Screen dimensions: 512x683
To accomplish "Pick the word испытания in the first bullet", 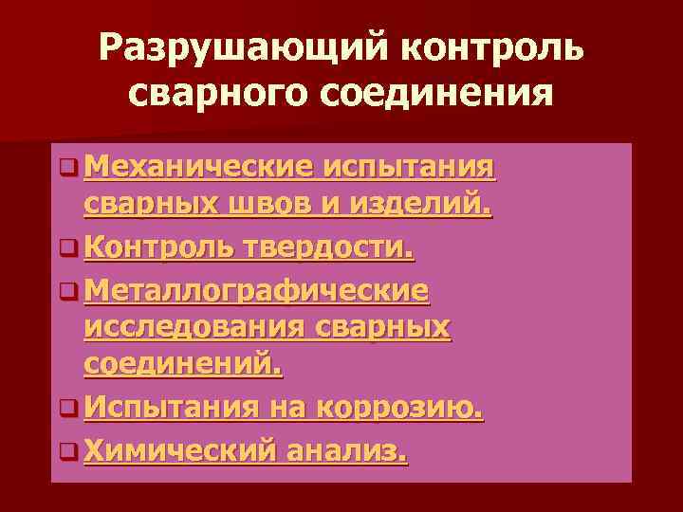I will (x=409, y=169).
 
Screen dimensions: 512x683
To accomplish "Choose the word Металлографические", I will (x=256, y=288).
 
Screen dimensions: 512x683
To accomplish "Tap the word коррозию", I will (x=402, y=408).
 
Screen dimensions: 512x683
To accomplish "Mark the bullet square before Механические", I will (x=66, y=170).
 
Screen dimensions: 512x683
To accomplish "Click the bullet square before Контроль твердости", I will (x=66, y=249).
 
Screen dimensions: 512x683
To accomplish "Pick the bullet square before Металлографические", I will (x=66, y=289).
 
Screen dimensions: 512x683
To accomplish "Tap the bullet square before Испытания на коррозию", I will (x=66, y=409).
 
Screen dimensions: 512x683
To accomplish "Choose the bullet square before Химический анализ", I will (x=66, y=453).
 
